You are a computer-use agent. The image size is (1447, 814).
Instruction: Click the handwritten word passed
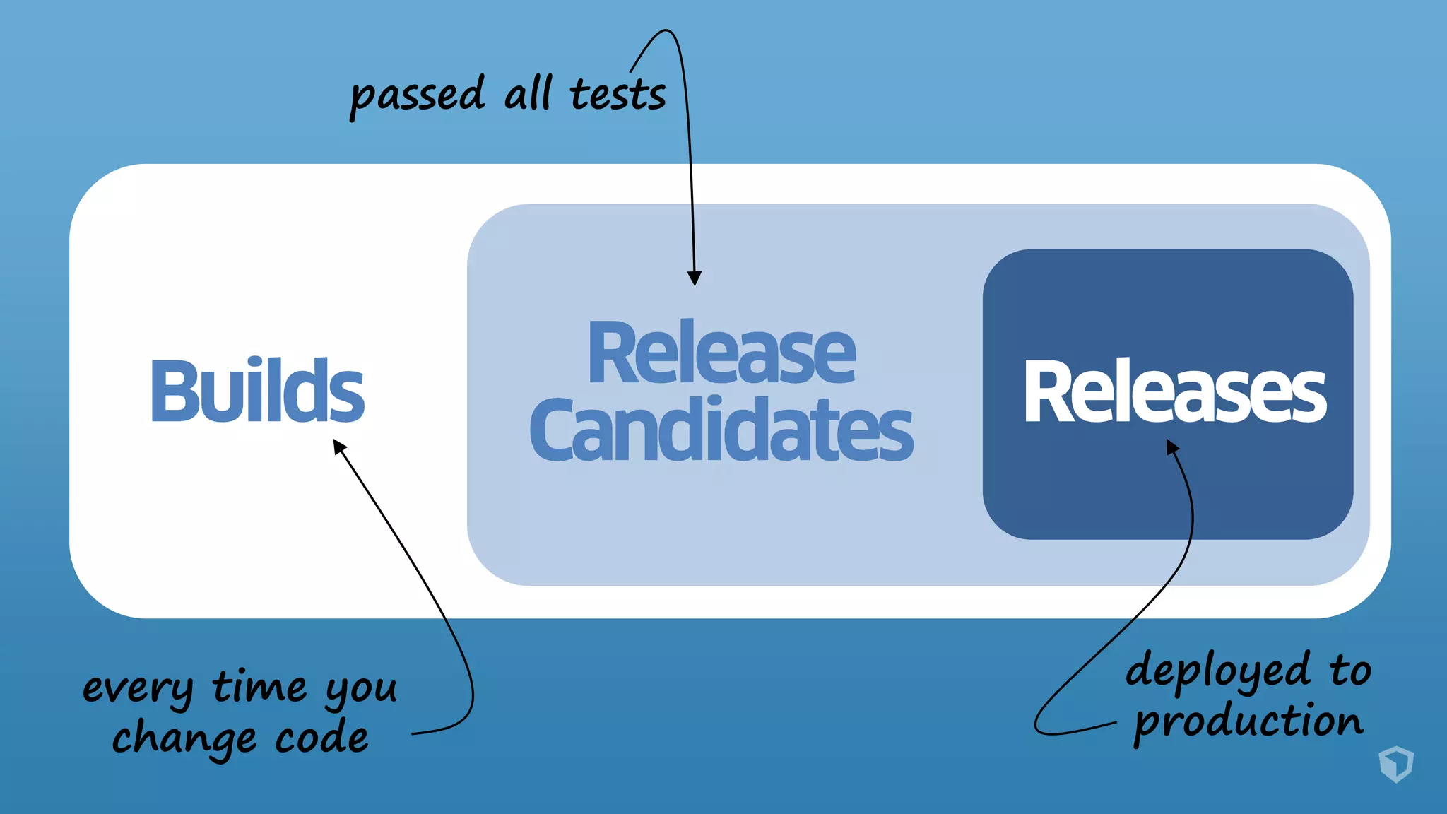click(x=417, y=95)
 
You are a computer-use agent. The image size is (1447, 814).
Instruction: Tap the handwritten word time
click(x=259, y=686)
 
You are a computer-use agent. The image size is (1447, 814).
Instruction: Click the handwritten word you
click(x=360, y=690)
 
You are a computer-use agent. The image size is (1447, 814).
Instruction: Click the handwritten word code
click(x=321, y=738)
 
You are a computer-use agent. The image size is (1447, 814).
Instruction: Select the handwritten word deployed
click(x=1218, y=671)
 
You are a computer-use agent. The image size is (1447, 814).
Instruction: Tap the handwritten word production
click(x=1248, y=723)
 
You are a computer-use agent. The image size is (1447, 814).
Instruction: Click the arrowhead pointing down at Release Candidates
click(x=695, y=278)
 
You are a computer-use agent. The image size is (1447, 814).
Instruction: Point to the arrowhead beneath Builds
click(x=340, y=447)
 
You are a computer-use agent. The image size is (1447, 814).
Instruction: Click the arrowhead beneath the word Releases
click(x=1172, y=447)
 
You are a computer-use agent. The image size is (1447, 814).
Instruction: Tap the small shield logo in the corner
click(x=1395, y=764)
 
